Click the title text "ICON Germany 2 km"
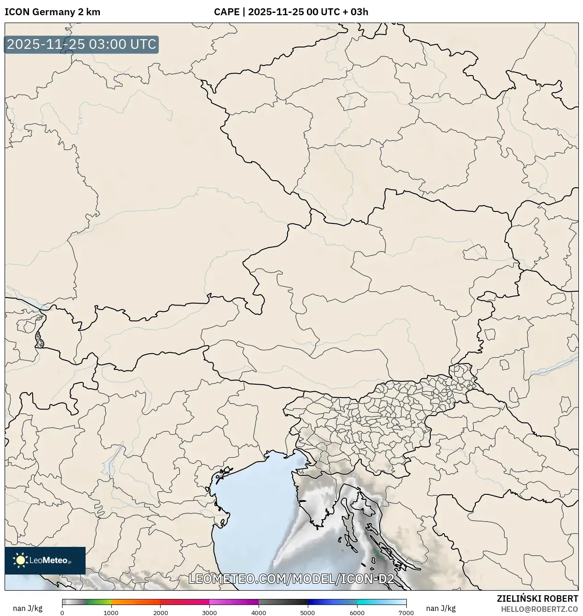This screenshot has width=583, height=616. pyautogui.click(x=52, y=12)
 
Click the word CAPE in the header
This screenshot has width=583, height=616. pyautogui.click(x=226, y=12)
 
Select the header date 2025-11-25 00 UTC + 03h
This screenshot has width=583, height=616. pyautogui.click(x=308, y=12)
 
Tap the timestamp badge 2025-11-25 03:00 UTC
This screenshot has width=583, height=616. pyautogui.click(x=81, y=44)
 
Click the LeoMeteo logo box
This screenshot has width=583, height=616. pyautogui.click(x=45, y=560)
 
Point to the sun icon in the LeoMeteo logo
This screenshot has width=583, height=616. pyautogui.click(x=20, y=560)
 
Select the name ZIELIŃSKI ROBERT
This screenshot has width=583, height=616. pyautogui.click(x=537, y=598)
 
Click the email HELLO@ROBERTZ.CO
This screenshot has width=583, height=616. pyautogui.click(x=539, y=609)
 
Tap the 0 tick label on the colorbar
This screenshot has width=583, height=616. pyautogui.click(x=62, y=613)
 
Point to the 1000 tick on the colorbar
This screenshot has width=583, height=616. pyautogui.click(x=111, y=613)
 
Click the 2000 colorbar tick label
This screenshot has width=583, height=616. pyautogui.click(x=160, y=613)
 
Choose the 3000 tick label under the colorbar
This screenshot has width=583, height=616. pyautogui.click(x=209, y=613)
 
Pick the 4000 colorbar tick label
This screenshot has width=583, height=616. pyautogui.click(x=259, y=613)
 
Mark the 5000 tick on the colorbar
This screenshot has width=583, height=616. pyautogui.click(x=308, y=613)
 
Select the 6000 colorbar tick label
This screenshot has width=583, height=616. pyautogui.click(x=357, y=613)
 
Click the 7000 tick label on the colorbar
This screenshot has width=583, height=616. pyautogui.click(x=406, y=613)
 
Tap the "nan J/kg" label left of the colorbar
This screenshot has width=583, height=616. pyautogui.click(x=28, y=608)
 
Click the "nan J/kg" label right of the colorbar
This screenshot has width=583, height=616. pyautogui.click(x=441, y=608)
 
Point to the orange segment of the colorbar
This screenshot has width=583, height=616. pyautogui.click(x=136, y=602)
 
